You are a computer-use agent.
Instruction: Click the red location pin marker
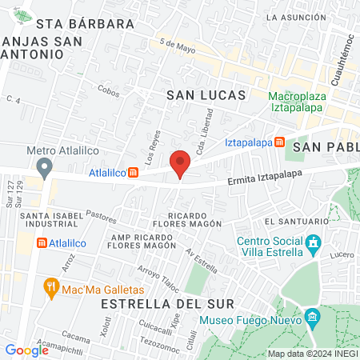[x=181, y=162]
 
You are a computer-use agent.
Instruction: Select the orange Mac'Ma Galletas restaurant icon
[x=52, y=286]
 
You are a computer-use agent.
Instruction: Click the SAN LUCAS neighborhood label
[x=205, y=95]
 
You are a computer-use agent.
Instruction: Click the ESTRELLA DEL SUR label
[x=167, y=304]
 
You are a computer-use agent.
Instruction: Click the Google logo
[x=27, y=350]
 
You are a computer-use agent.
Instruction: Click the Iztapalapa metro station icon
[x=278, y=142]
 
